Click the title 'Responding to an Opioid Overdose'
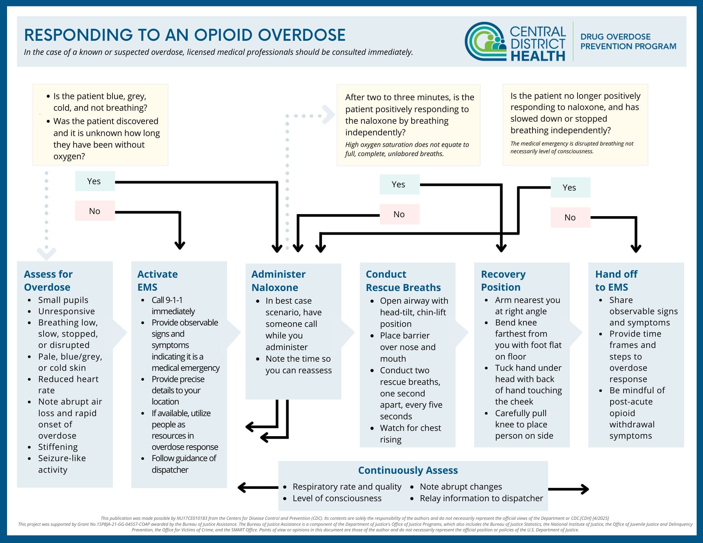click(x=185, y=35)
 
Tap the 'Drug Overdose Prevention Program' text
click(x=628, y=41)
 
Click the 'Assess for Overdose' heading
click(x=48, y=280)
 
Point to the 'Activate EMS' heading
click(x=157, y=280)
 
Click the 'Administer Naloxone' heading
click(x=278, y=281)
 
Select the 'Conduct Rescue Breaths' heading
click(x=403, y=281)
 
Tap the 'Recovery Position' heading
click(x=503, y=280)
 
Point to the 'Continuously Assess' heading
click(x=408, y=470)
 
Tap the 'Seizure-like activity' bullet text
click(x=62, y=464)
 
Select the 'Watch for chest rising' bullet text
click(x=410, y=434)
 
